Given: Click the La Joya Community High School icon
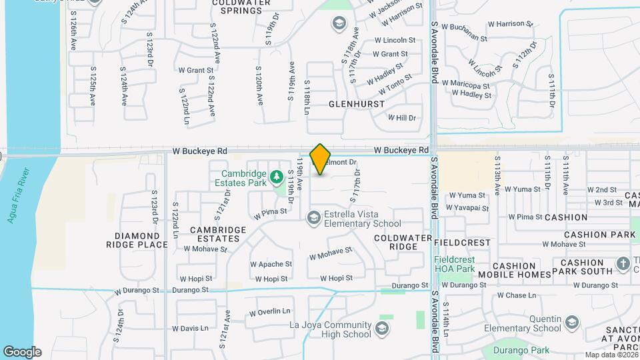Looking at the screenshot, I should coord(381,328).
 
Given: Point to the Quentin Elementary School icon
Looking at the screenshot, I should coord(572,323).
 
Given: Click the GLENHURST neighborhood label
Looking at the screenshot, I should coord(357,105).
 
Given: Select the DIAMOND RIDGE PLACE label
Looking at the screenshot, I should coord(137,240).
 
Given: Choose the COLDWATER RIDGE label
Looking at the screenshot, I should coord(395,242).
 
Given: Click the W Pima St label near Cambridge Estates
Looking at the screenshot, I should coord(270,213).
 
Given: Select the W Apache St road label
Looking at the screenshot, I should coord(271,264).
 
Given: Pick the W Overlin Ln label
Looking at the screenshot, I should coord(270,311).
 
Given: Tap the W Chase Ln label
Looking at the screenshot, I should coord(517,295).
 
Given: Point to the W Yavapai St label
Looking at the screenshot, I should coord(469,207).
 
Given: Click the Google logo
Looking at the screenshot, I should coord(22,351).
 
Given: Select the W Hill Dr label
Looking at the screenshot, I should coord(402,118).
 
